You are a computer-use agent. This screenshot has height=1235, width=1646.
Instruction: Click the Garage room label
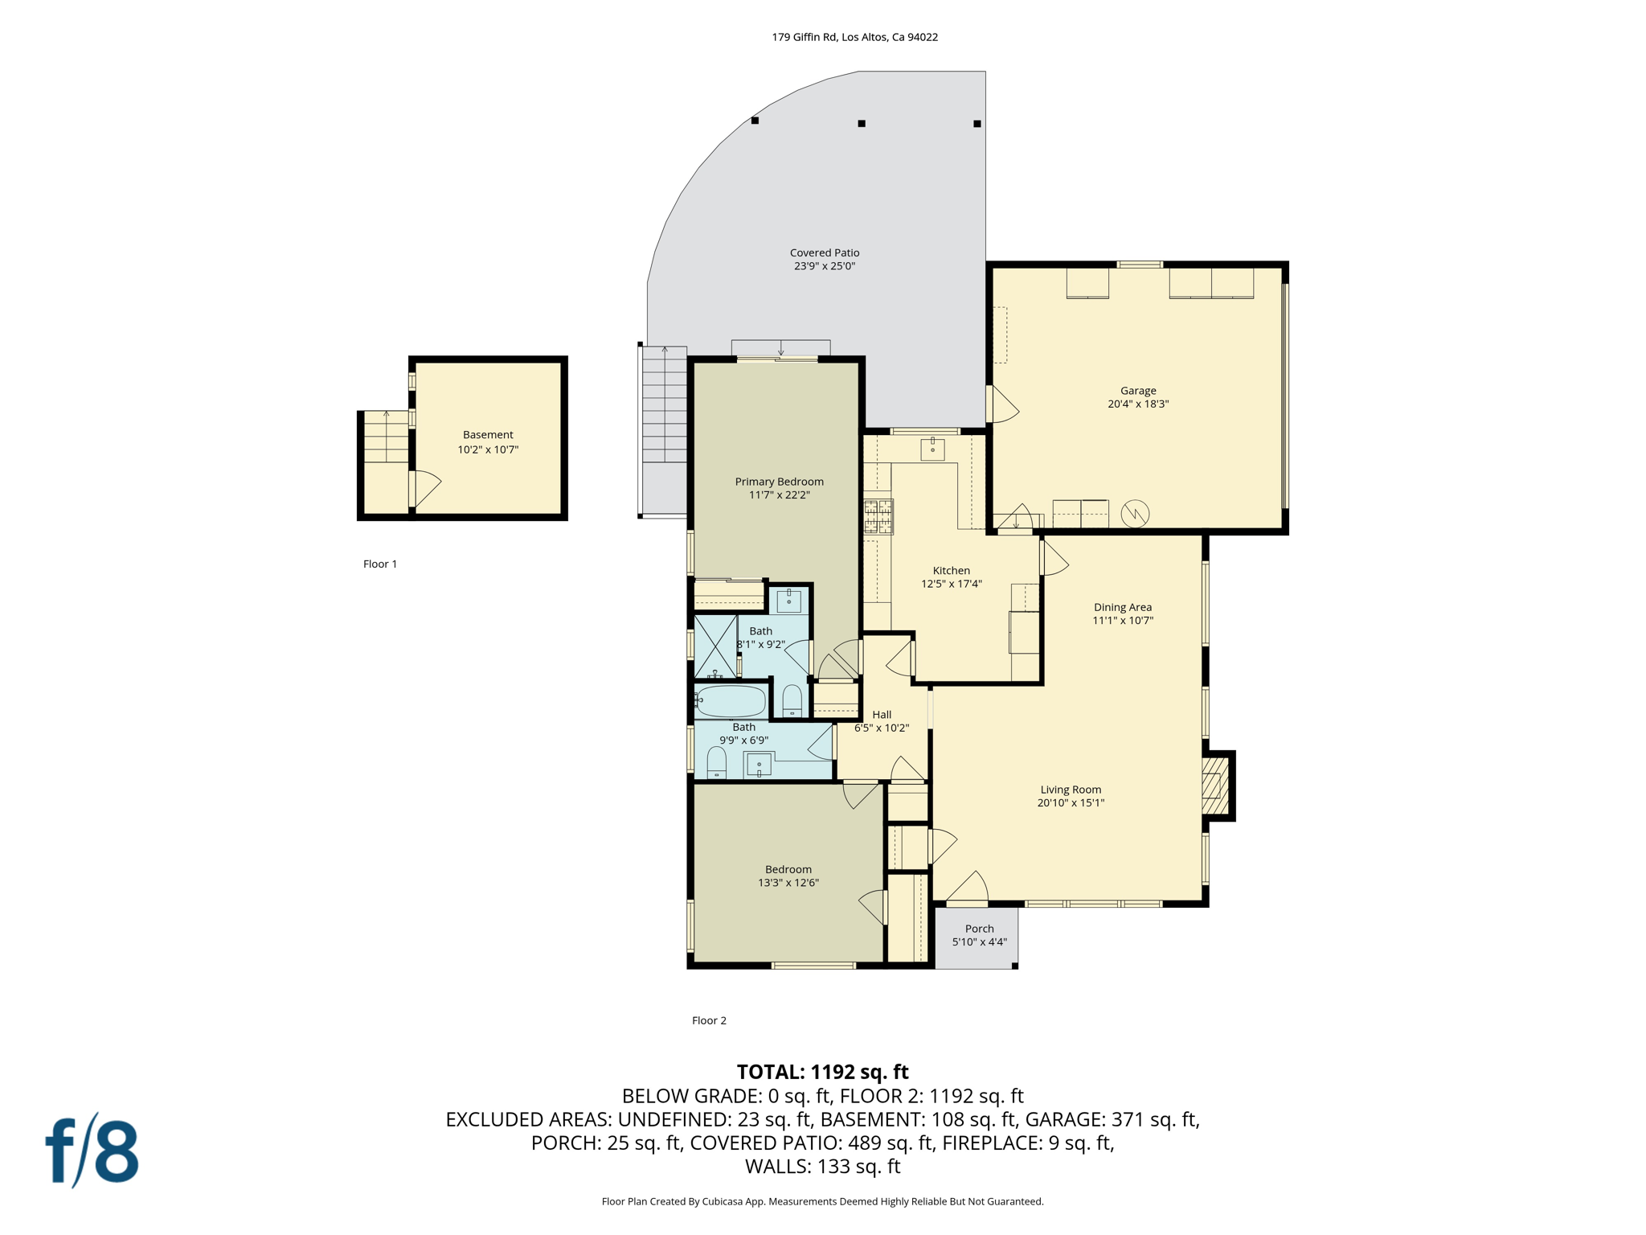tap(1138, 391)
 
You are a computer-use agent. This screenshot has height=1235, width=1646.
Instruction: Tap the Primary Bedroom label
tap(779, 482)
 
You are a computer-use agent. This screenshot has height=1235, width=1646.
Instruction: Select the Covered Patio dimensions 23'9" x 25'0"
tap(825, 266)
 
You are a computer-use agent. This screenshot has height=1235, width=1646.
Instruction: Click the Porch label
tap(979, 929)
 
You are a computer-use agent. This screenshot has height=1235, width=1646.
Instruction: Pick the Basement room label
tap(488, 435)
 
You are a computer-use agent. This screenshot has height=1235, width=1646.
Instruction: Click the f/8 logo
tap(92, 1150)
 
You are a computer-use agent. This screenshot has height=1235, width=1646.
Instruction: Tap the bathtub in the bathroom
tap(731, 701)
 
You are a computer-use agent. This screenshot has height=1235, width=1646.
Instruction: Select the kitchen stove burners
tap(878, 516)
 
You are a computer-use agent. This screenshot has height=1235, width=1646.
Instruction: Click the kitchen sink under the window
tap(932, 449)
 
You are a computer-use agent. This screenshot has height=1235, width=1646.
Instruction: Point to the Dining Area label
tap(1123, 607)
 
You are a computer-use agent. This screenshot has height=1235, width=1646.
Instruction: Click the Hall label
tap(882, 714)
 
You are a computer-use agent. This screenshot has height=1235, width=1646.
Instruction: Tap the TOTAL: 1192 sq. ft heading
tap(823, 1072)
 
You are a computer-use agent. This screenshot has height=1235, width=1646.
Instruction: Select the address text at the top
tap(855, 37)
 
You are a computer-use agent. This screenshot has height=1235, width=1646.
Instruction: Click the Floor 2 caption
tap(709, 1020)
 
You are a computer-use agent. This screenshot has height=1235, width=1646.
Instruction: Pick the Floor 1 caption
tap(380, 564)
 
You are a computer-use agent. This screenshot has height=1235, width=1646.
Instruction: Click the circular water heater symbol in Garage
tap(1135, 514)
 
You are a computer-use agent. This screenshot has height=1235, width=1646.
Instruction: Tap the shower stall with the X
tap(715, 646)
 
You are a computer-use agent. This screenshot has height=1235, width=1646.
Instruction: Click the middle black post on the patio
tap(862, 124)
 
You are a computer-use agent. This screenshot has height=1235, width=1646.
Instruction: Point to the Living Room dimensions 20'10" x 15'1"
tap(1071, 802)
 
